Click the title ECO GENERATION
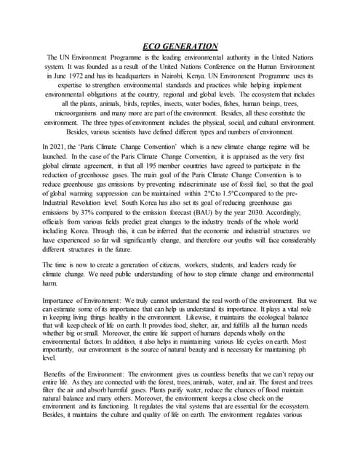point(180,46)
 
